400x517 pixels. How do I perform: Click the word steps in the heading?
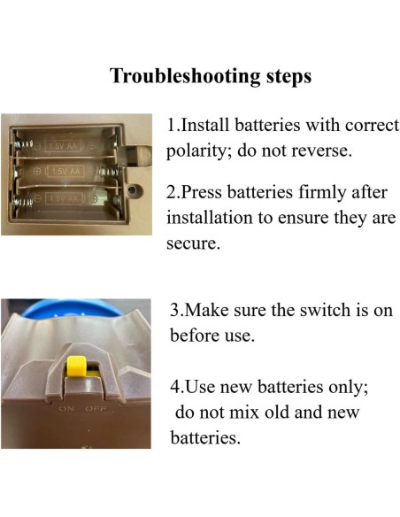coord(288,77)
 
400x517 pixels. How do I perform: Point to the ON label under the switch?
coord(66,409)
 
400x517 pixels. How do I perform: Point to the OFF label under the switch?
coord(96,409)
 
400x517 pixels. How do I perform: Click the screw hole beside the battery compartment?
coord(132,190)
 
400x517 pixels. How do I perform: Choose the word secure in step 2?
coord(193,244)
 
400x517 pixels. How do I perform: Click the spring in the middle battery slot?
coord(108,172)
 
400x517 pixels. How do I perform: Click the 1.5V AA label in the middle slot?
coord(66,172)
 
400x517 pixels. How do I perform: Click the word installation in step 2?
coord(209,219)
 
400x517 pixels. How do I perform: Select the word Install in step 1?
coord(204,126)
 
